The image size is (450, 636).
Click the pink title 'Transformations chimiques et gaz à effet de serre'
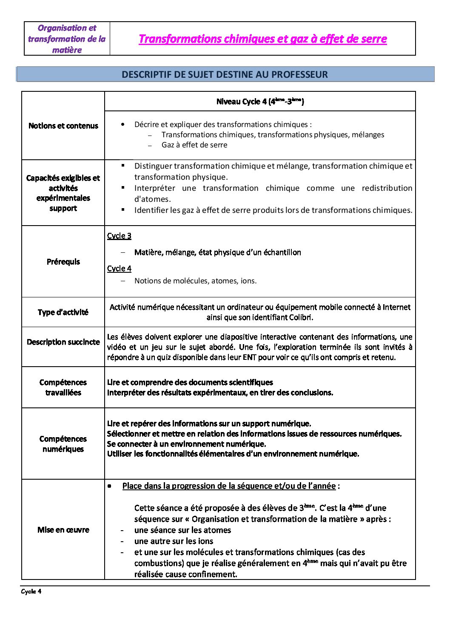[x=262, y=39]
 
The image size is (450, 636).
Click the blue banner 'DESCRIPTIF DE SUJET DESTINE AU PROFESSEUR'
[x=225, y=74]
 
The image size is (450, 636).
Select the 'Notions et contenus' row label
[x=63, y=126]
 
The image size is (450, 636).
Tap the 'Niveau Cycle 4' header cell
[x=260, y=102]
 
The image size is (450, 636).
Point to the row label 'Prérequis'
[x=63, y=262]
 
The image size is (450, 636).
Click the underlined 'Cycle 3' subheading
[x=119, y=236]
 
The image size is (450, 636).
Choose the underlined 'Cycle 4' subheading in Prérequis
[x=119, y=269]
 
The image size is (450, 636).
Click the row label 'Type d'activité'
[x=63, y=312]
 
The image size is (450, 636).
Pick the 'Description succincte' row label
[x=63, y=342]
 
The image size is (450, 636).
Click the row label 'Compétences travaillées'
[x=63, y=387]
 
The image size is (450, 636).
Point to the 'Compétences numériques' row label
[x=63, y=444]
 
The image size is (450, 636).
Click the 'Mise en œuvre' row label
[x=63, y=530]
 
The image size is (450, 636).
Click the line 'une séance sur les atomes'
[x=182, y=530]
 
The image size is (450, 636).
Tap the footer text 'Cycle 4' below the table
[x=31, y=591]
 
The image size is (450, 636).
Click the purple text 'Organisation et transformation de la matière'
[x=67, y=39]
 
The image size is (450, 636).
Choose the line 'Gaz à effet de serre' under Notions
[x=194, y=145]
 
